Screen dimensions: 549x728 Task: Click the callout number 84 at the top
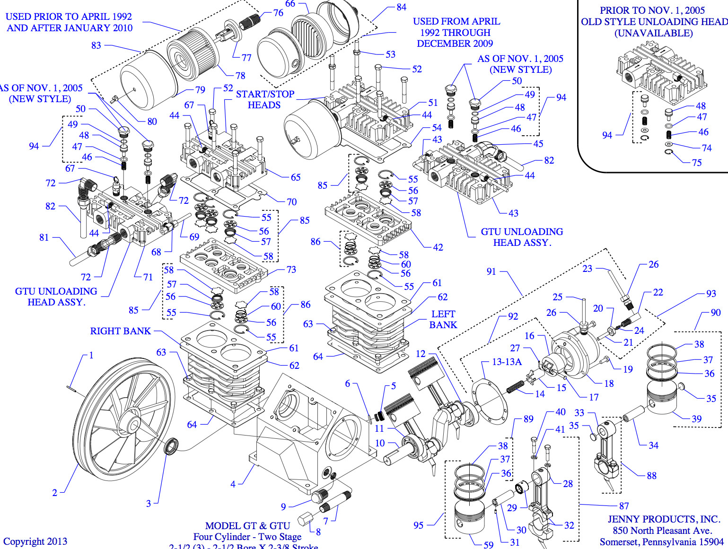401,7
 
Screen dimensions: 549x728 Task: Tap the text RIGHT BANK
120,331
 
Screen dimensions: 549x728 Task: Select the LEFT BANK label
443,320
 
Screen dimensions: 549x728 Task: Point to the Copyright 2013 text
35,541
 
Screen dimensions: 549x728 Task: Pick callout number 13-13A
507,362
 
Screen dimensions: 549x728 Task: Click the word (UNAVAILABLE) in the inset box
653,33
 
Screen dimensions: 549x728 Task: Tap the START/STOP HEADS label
265,99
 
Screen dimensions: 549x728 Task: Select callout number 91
491,271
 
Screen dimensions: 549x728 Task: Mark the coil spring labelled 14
515,386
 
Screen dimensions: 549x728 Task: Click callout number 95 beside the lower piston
418,525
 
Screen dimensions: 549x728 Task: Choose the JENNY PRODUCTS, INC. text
664,519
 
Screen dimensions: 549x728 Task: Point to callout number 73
291,270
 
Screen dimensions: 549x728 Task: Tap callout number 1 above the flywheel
91,355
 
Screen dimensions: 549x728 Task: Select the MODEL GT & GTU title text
247,526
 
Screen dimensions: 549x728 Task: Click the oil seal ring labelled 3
171,446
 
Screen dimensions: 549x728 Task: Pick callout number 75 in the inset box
697,163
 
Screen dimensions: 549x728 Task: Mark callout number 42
438,247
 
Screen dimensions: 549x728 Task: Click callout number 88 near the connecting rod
651,476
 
